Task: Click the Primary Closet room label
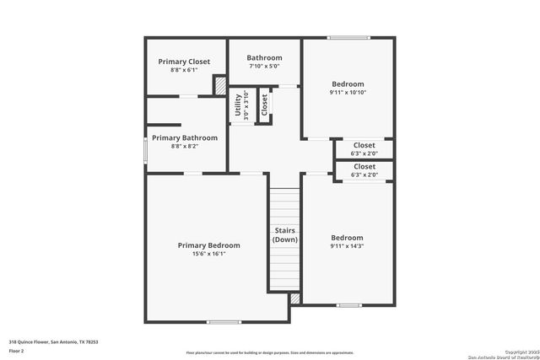point(185,62)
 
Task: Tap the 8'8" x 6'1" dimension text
point(185,70)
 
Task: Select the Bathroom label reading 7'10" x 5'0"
point(264,57)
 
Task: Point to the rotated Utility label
point(238,107)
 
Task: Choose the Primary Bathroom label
point(184,137)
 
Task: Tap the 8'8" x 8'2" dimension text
point(184,146)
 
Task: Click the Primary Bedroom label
point(208,245)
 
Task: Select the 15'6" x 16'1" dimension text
point(208,254)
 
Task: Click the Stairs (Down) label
point(284,235)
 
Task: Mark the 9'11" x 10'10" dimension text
point(348,93)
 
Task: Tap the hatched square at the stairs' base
point(294,298)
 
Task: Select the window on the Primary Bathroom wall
point(145,151)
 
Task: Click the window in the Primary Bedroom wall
point(224,321)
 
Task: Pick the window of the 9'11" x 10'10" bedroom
point(343,37)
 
